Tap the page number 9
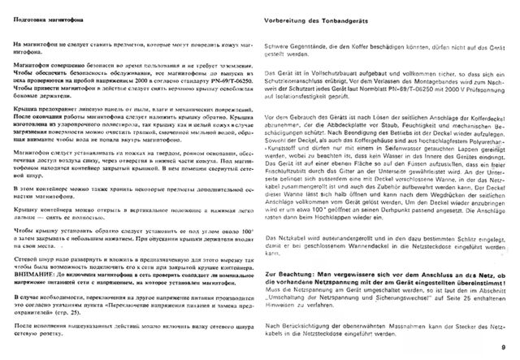pos(504,347)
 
